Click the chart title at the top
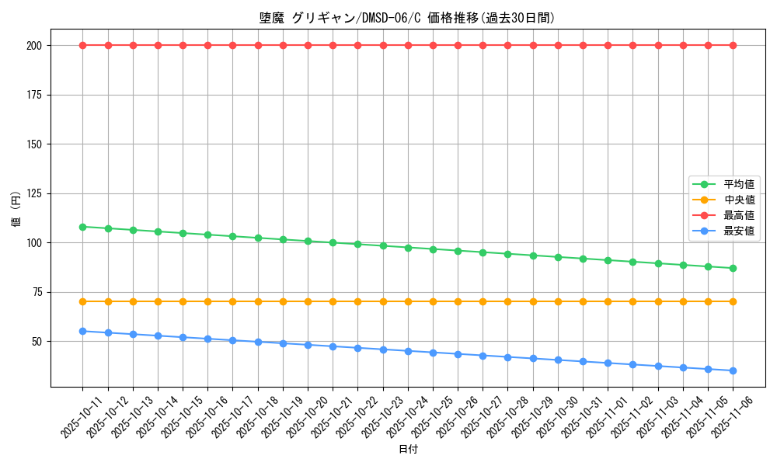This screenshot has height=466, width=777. click(x=407, y=18)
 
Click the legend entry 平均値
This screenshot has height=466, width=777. click(x=738, y=184)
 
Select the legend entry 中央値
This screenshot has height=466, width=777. click(x=738, y=200)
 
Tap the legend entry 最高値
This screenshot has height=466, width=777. click(x=738, y=215)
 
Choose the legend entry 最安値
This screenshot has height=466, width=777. click(x=738, y=231)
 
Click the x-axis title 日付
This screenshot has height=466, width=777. click(x=407, y=450)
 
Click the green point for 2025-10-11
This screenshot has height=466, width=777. click(x=82, y=227)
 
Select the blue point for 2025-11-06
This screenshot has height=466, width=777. click(x=733, y=370)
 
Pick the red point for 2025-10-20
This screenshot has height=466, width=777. click(x=308, y=45)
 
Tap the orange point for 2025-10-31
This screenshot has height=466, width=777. click(x=583, y=301)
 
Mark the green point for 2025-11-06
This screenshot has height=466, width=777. click(x=733, y=268)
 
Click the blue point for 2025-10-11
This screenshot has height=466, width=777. click(x=82, y=331)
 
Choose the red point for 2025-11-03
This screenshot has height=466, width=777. click(x=658, y=45)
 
